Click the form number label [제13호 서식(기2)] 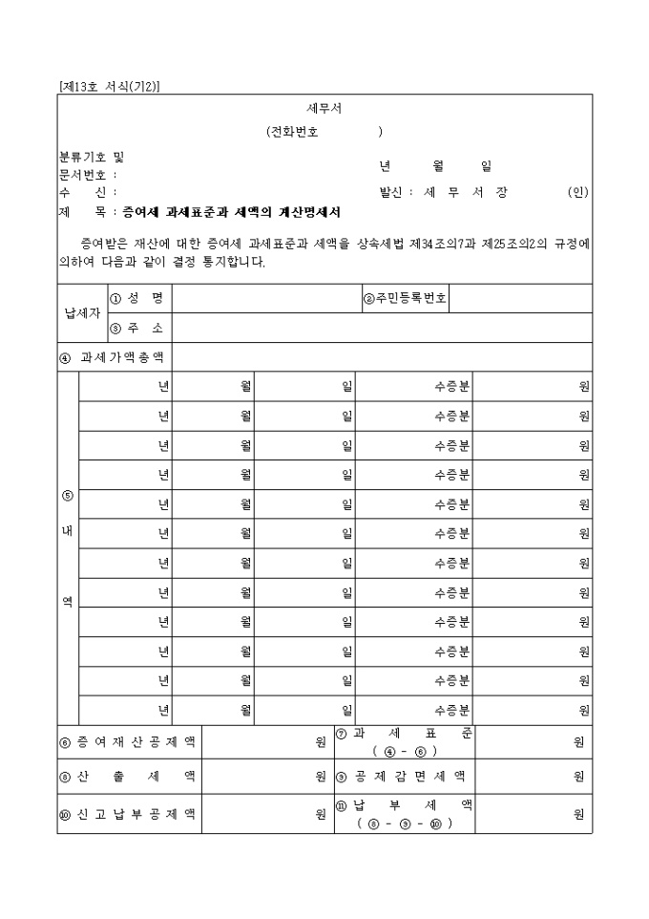point(109,86)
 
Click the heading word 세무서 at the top point(324,108)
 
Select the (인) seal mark point(578,192)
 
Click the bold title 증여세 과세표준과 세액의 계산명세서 point(232,212)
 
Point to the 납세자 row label point(81,313)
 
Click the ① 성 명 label point(138,298)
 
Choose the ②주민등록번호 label point(405,298)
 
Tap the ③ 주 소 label point(138,328)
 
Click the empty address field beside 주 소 point(382,328)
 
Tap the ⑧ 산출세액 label point(128,777)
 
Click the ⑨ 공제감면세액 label point(404,777)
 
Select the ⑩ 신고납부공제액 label point(128,814)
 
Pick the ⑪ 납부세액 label point(404,814)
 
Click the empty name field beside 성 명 point(266,298)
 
